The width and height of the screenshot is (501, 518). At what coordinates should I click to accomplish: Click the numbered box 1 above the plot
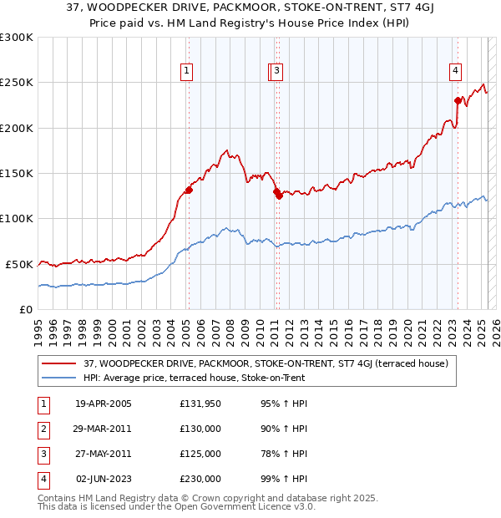tap(186, 71)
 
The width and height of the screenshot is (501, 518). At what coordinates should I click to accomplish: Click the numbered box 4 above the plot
tap(456, 71)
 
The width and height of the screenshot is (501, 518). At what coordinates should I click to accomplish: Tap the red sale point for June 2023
tap(458, 100)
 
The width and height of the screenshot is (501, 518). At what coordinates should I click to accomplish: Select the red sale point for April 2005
tap(189, 190)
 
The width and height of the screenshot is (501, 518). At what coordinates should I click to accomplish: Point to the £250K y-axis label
tap(17, 83)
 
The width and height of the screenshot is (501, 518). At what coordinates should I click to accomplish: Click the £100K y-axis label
tap(17, 219)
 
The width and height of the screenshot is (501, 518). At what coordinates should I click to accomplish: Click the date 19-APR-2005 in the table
tap(104, 404)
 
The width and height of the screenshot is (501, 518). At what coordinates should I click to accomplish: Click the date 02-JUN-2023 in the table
tap(104, 479)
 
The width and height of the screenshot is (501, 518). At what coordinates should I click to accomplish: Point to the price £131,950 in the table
tap(200, 404)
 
